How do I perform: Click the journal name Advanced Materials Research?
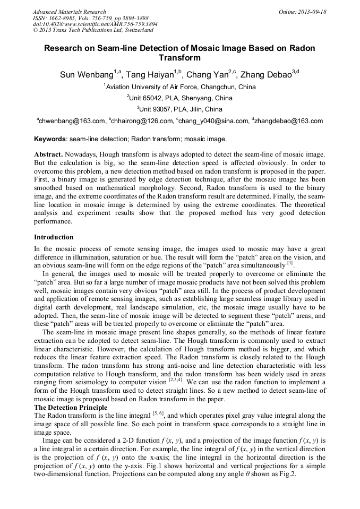click(x=70, y=12)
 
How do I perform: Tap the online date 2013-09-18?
click(x=303, y=12)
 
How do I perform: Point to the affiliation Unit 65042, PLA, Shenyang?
click(x=181, y=98)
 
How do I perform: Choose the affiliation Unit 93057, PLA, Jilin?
click(x=181, y=109)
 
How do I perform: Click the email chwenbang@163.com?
click(x=72, y=121)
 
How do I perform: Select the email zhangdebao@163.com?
click(x=289, y=121)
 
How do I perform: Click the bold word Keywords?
click(x=50, y=139)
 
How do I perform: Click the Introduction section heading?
click(x=54, y=237)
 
